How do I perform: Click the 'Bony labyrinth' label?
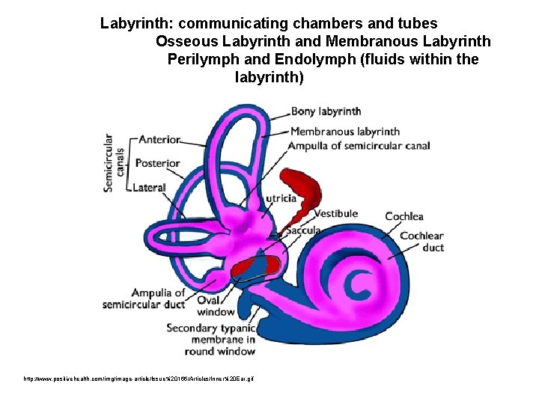click(326, 112)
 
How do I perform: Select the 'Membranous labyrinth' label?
click(345, 132)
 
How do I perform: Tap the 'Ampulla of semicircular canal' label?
click(359, 145)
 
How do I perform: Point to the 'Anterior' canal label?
click(159, 140)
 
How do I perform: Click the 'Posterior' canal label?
click(158, 163)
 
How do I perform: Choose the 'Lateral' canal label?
click(149, 187)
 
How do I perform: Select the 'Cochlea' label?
click(404, 217)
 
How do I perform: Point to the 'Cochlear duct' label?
click(422, 242)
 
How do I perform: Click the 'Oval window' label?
click(216, 305)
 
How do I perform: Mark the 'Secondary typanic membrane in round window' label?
click(211, 339)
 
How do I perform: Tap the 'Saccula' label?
click(302, 230)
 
